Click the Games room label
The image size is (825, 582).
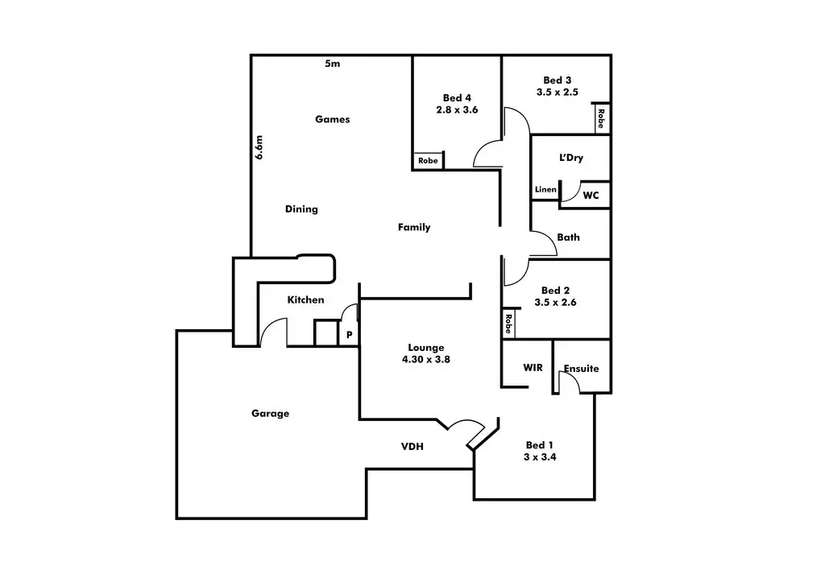(332, 119)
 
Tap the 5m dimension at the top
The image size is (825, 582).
(332, 64)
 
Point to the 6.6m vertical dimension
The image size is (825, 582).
(259, 147)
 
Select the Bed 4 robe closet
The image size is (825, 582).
(428, 161)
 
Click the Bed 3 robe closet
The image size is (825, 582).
(601, 119)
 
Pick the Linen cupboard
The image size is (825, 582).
(545, 190)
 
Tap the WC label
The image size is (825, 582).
(591, 195)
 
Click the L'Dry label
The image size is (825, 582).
(570, 158)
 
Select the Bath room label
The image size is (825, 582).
(568, 237)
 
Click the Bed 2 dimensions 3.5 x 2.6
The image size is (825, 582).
(555, 303)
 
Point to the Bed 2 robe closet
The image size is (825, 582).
(508, 324)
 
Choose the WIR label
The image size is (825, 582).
(533, 368)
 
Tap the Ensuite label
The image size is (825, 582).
(581, 369)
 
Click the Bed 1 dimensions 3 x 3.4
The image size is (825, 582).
(539, 456)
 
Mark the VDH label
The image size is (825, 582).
(412, 447)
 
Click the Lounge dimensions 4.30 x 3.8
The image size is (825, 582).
(425, 360)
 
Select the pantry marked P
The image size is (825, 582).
(349, 334)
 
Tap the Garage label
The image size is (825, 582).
(270, 414)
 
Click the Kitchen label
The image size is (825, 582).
(306, 300)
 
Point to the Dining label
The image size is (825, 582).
(301, 209)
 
